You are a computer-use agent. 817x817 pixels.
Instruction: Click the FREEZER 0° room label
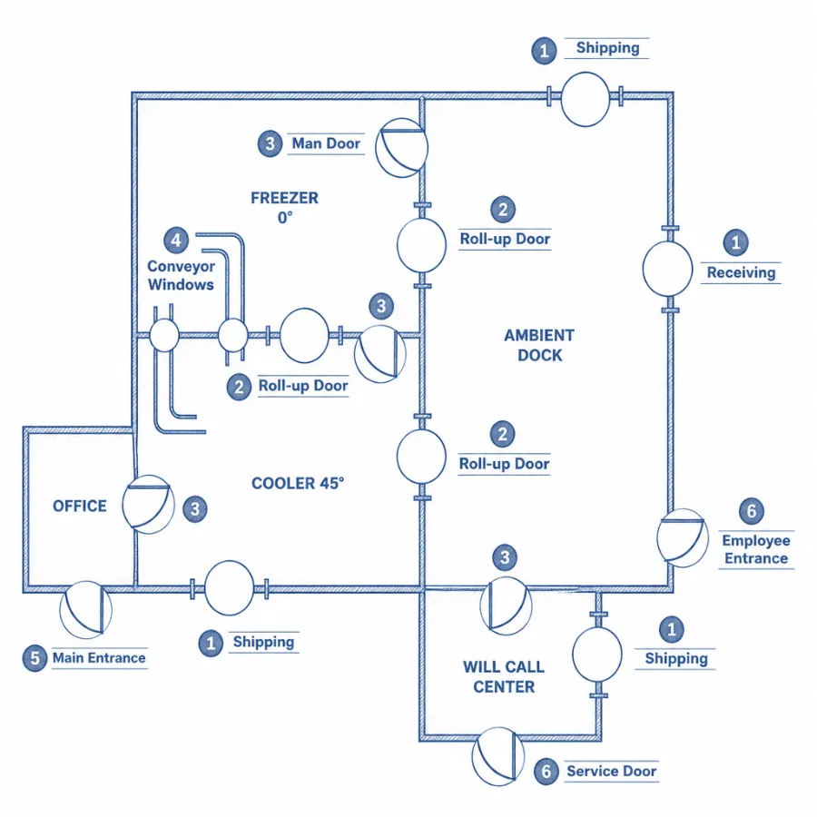[284, 207]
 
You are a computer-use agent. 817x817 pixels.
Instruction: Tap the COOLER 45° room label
[298, 483]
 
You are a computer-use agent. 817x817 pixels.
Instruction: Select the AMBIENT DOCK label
[539, 345]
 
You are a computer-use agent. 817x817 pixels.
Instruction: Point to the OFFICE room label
[80, 506]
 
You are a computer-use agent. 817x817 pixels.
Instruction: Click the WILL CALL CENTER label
[504, 676]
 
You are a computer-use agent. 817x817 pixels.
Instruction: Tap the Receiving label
[741, 272]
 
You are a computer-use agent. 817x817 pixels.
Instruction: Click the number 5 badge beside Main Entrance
[34, 658]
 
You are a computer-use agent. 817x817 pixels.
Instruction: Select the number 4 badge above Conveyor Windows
[176, 240]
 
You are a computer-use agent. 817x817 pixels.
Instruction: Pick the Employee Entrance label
[756, 549]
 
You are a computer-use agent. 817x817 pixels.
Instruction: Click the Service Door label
[611, 771]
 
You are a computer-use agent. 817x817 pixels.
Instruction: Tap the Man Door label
[326, 143]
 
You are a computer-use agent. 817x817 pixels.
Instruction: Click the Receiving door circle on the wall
[667, 269]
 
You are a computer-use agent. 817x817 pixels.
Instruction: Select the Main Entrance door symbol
[86, 610]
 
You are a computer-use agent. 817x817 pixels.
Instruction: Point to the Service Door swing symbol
[498, 756]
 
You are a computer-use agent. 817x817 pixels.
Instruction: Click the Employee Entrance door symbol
[683, 538]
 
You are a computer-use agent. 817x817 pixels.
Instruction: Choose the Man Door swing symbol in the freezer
[402, 148]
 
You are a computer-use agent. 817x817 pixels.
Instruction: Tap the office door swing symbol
[149, 505]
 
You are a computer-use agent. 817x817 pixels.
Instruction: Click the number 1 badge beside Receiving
[735, 242]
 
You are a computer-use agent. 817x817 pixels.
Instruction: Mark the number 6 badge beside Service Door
[546, 771]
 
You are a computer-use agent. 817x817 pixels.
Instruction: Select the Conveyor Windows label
[181, 275]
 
